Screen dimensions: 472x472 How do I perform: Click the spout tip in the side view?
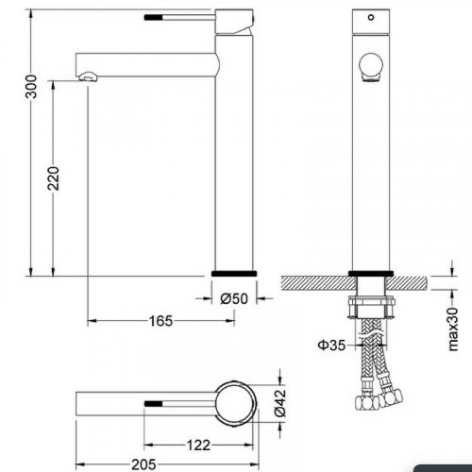(x=87, y=75)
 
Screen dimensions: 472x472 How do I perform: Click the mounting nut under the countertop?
(x=370, y=306)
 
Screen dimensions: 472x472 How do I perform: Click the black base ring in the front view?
(x=370, y=274)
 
